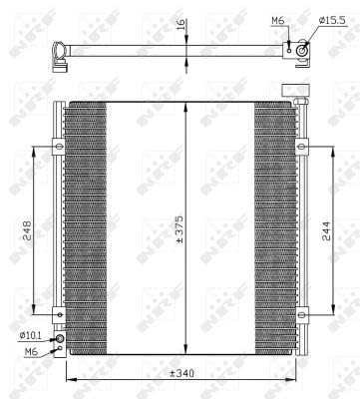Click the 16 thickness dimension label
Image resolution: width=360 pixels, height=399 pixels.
180,25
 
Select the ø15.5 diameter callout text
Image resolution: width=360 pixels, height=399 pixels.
332,20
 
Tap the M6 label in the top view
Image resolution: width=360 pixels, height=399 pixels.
278,21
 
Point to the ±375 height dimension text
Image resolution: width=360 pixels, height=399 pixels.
180,229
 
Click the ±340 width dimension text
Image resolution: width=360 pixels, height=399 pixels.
181,373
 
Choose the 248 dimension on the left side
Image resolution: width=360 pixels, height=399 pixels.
26,230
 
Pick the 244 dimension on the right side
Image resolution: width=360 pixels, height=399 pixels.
326,230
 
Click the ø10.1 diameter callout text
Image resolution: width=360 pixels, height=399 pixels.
30,336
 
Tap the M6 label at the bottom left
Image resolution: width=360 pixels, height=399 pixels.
31,351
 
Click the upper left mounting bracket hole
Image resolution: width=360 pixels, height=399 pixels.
60,147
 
